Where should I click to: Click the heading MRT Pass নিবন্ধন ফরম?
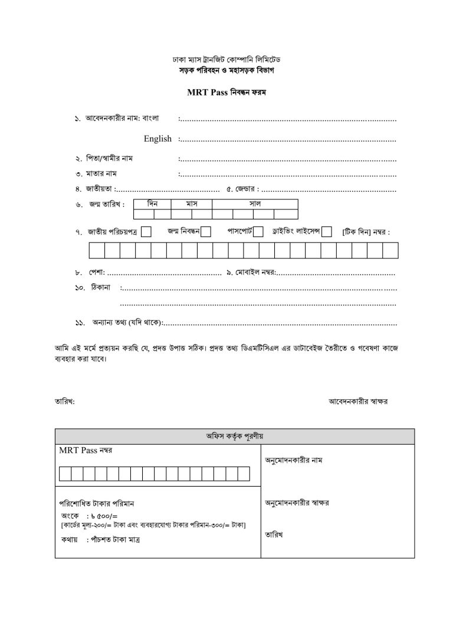coord(226,93)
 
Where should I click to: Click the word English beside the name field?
coord(157,139)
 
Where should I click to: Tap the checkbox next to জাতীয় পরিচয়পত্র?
coord(146,232)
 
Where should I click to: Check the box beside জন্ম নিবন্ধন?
coord(206,232)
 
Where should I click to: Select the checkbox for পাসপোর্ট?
coord(258,232)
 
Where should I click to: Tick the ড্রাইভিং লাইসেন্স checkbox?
coord(327,232)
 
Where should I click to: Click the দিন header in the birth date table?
coord(152,204)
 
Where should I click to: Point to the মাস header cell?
coord(191,204)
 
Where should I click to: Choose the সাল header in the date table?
coord(255,204)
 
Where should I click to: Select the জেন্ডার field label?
coord(244,189)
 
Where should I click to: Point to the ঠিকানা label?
coord(101,288)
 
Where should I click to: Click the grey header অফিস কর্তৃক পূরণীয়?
coord(234,436)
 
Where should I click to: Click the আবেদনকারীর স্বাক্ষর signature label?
coord(358,401)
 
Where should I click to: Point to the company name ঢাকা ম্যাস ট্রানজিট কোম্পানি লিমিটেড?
coord(226,60)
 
